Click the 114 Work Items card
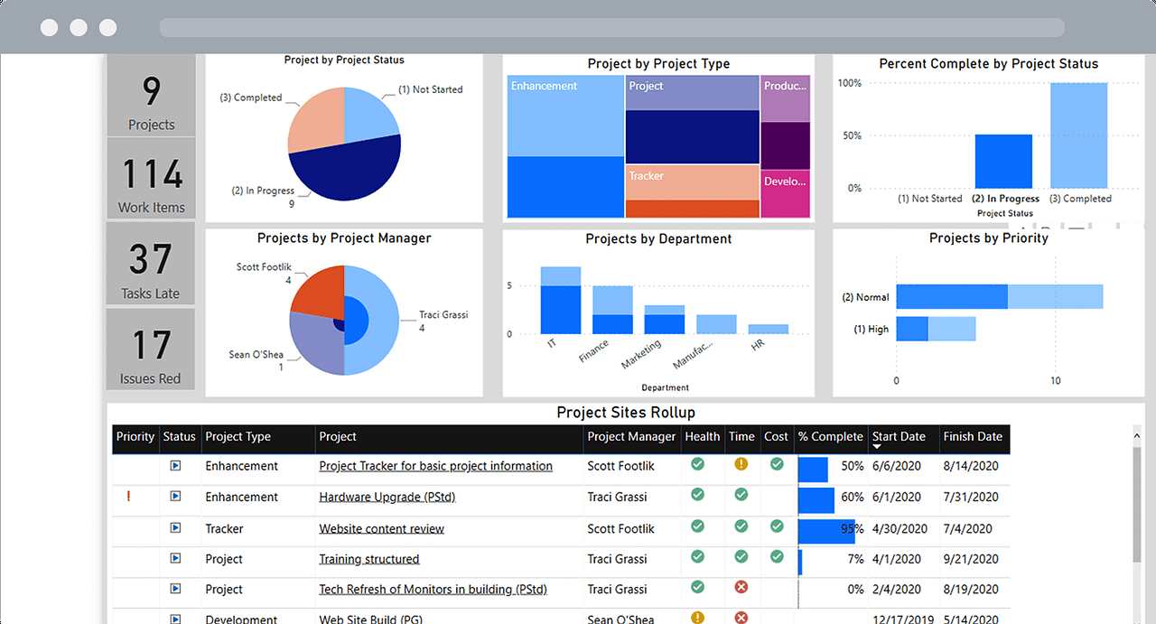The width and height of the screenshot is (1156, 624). (x=151, y=179)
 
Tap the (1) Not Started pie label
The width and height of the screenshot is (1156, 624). (x=430, y=89)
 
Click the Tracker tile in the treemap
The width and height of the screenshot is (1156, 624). (x=692, y=182)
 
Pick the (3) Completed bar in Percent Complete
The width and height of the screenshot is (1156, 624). (x=1078, y=135)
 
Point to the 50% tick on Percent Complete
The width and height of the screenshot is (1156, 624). (x=852, y=135)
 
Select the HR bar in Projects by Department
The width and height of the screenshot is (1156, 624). (x=768, y=329)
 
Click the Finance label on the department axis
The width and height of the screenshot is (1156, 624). (x=594, y=350)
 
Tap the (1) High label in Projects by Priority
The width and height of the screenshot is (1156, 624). (x=871, y=330)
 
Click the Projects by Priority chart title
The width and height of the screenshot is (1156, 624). (x=988, y=238)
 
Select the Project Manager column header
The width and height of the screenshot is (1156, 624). (x=631, y=437)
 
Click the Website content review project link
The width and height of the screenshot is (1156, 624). (x=381, y=529)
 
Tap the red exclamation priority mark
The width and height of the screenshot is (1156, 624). (x=129, y=496)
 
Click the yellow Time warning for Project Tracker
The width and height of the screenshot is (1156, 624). (x=741, y=464)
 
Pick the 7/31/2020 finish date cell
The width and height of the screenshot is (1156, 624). (x=971, y=497)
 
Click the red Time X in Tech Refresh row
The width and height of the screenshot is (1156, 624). (x=741, y=588)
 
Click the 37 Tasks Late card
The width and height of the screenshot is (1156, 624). (x=151, y=264)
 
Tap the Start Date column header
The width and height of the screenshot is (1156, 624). (x=899, y=437)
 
